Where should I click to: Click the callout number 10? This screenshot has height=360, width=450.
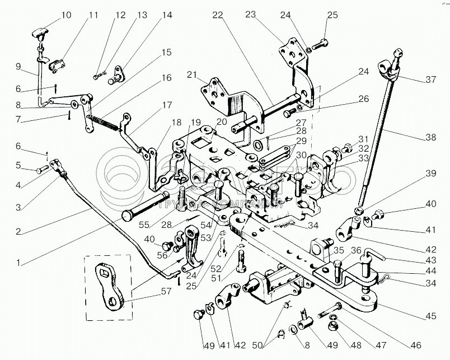click(x=66, y=15)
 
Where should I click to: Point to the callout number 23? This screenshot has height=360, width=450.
click(x=266, y=16)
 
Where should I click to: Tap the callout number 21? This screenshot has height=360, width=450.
click(x=193, y=75)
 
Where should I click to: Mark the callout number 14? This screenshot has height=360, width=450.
click(x=151, y=16)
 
